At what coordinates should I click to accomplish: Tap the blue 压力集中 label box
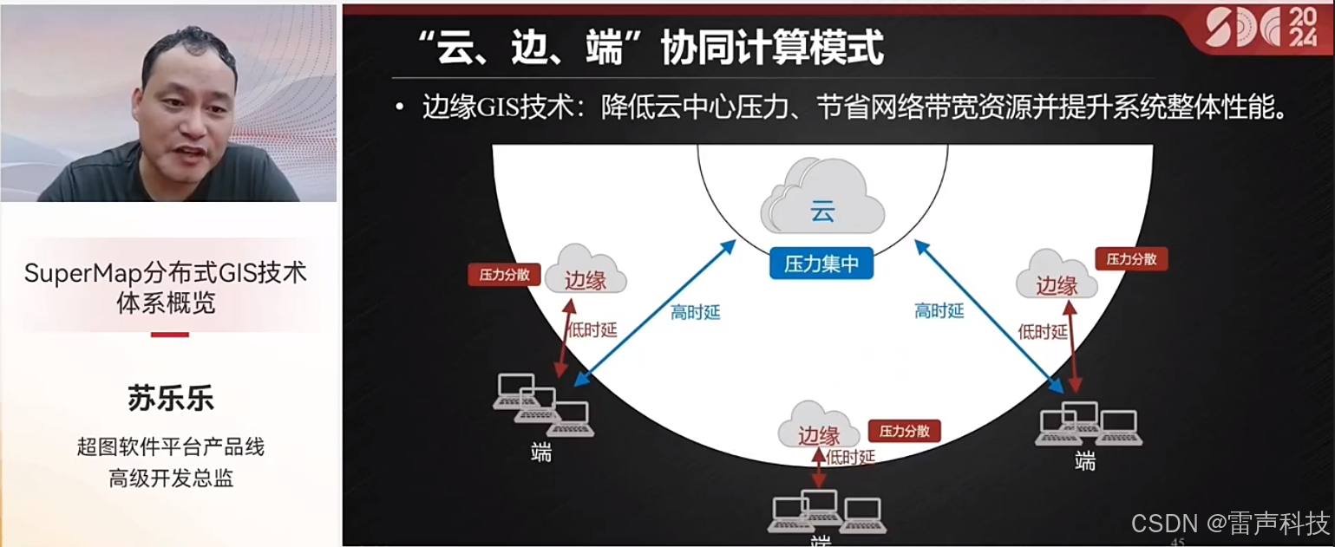(x=821, y=264)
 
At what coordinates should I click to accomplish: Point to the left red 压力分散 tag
(x=504, y=276)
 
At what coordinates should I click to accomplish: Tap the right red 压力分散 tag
(x=1131, y=258)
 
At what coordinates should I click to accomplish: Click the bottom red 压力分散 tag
(x=904, y=431)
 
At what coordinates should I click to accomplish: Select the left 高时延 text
(x=695, y=313)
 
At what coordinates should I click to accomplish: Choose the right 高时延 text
(x=939, y=310)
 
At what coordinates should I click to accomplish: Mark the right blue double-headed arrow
(x=989, y=314)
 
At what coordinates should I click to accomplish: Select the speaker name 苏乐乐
(x=170, y=399)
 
